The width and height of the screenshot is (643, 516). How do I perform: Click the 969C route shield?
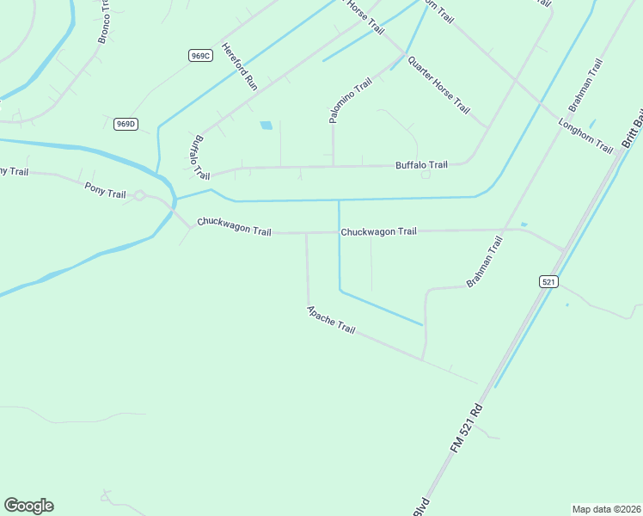click(x=199, y=55)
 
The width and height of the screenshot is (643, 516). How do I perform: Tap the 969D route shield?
click(x=126, y=124)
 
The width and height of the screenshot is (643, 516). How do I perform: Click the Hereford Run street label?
click(x=240, y=66)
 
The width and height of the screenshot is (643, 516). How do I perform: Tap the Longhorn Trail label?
click(x=585, y=136)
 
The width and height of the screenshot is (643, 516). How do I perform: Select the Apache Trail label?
click(x=331, y=320)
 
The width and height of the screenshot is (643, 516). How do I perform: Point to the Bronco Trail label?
click(x=106, y=21)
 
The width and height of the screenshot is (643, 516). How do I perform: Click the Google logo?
click(x=28, y=506)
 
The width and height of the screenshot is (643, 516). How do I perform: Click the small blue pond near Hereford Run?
click(x=266, y=126)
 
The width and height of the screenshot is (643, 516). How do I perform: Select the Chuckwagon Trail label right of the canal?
click(x=378, y=231)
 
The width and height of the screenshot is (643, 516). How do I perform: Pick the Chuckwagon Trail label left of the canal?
click(x=234, y=226)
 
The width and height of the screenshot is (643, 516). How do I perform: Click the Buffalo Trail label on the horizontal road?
click(x=421, y=165)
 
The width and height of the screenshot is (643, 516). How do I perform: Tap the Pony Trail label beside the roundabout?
click(x=105, y=189)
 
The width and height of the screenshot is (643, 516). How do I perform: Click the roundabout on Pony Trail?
click(x=139, y=196)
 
